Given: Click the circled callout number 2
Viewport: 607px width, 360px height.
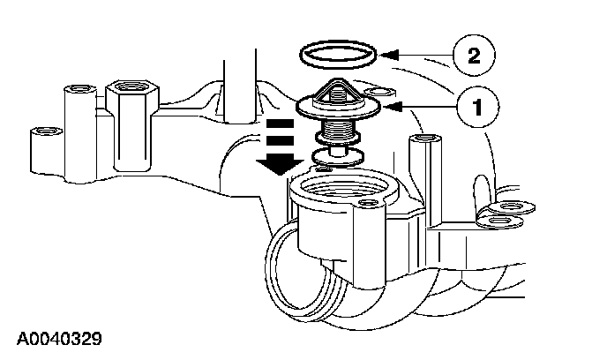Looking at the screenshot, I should click(x=473, y=57).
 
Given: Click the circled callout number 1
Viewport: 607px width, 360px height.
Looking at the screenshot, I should click(x=476, y=109).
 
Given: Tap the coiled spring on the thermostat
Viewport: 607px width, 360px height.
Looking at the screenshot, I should click(x=335, y=131).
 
